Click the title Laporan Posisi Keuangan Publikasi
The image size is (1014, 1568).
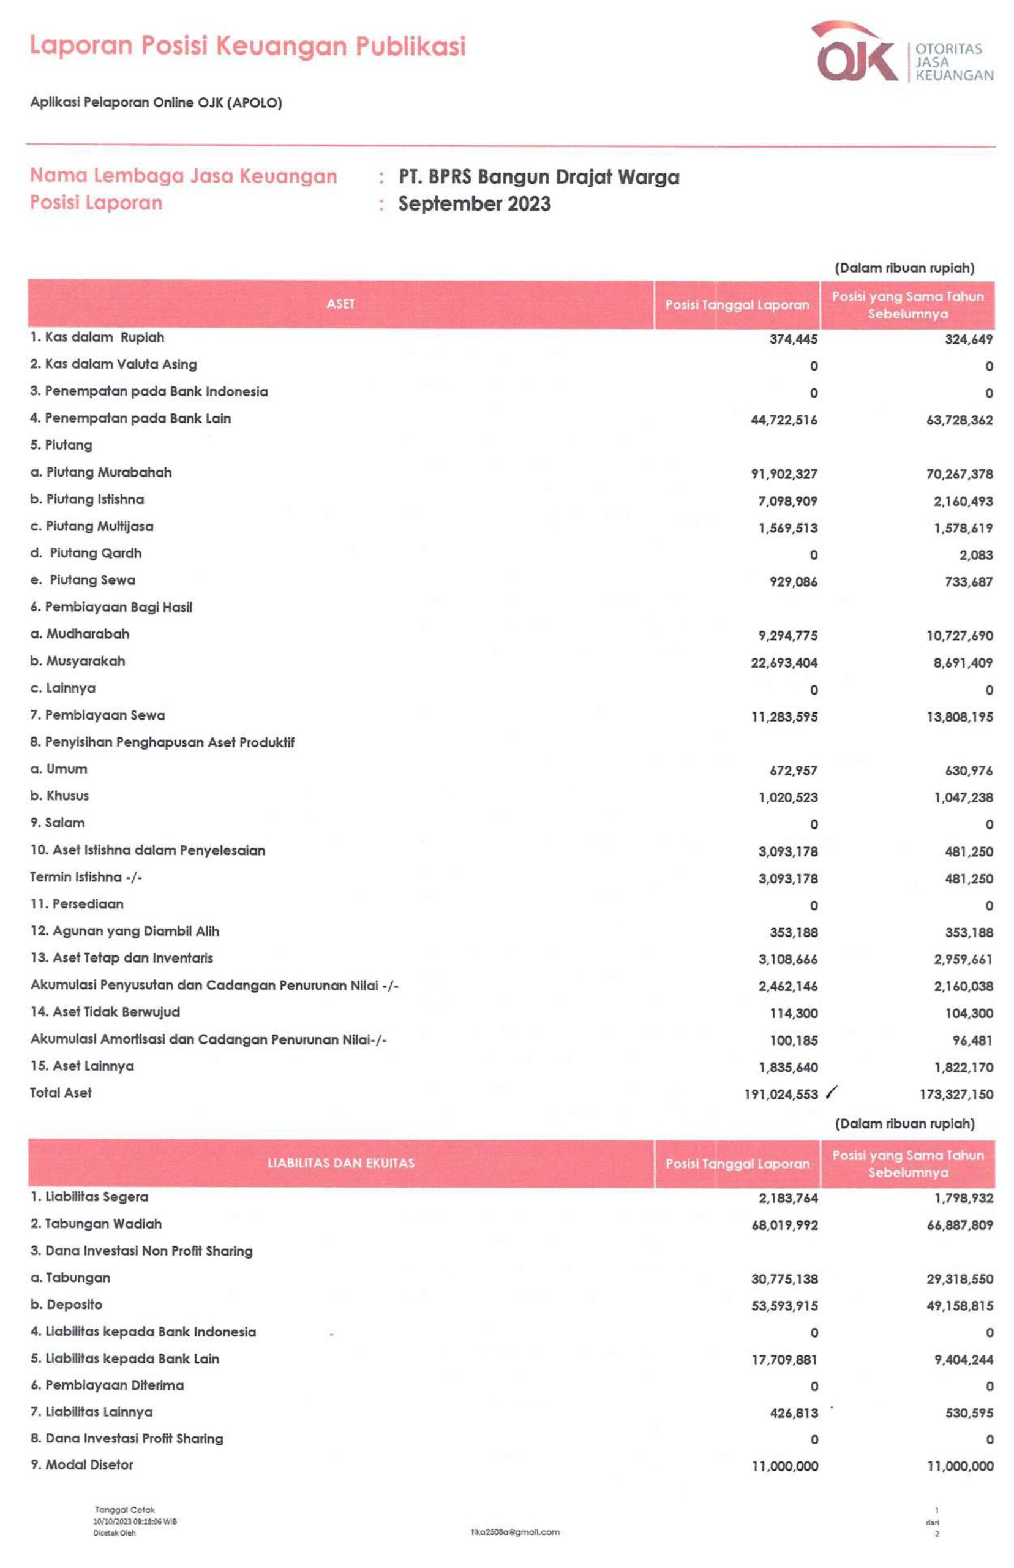point(247,46)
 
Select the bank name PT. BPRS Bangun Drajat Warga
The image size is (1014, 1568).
point(539,176)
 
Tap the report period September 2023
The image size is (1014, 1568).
point(474,203)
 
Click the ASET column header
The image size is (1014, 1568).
point(340,304)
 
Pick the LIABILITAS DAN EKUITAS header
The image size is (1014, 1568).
point(340,1163)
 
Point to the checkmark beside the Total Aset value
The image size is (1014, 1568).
point(832,1092)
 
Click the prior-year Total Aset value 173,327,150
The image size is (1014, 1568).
point(956,1094)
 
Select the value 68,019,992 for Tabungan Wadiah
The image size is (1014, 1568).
point(784,1225)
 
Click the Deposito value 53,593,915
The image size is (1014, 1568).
point(784,1305)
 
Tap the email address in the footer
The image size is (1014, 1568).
point(515,1532)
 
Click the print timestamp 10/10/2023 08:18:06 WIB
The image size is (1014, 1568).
point(135,1521)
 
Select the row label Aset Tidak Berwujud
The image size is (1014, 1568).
point(105,1011)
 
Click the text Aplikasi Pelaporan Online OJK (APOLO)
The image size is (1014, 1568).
point(156,103)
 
